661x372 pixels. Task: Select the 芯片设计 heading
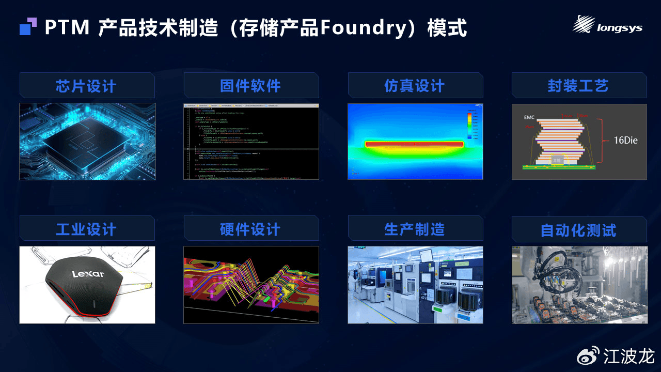click(86, 86)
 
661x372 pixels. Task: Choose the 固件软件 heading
click(250, 86)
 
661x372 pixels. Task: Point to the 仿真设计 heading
click(415, 86)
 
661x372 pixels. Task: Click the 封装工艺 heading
click(578, 86)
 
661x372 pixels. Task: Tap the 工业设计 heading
click(86, 229)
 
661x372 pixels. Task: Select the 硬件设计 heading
click(250, 229)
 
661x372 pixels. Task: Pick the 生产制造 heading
click(415, 229)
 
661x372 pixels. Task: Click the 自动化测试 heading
click(578, 230)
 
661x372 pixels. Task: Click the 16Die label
click(625, 140)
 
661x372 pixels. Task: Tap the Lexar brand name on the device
click(88, 274)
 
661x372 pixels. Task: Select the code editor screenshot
click(251, 142)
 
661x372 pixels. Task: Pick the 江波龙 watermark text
click(629, 356)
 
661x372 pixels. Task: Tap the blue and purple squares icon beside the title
click(28, 26)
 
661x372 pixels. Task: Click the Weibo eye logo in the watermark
click(588, 355)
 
